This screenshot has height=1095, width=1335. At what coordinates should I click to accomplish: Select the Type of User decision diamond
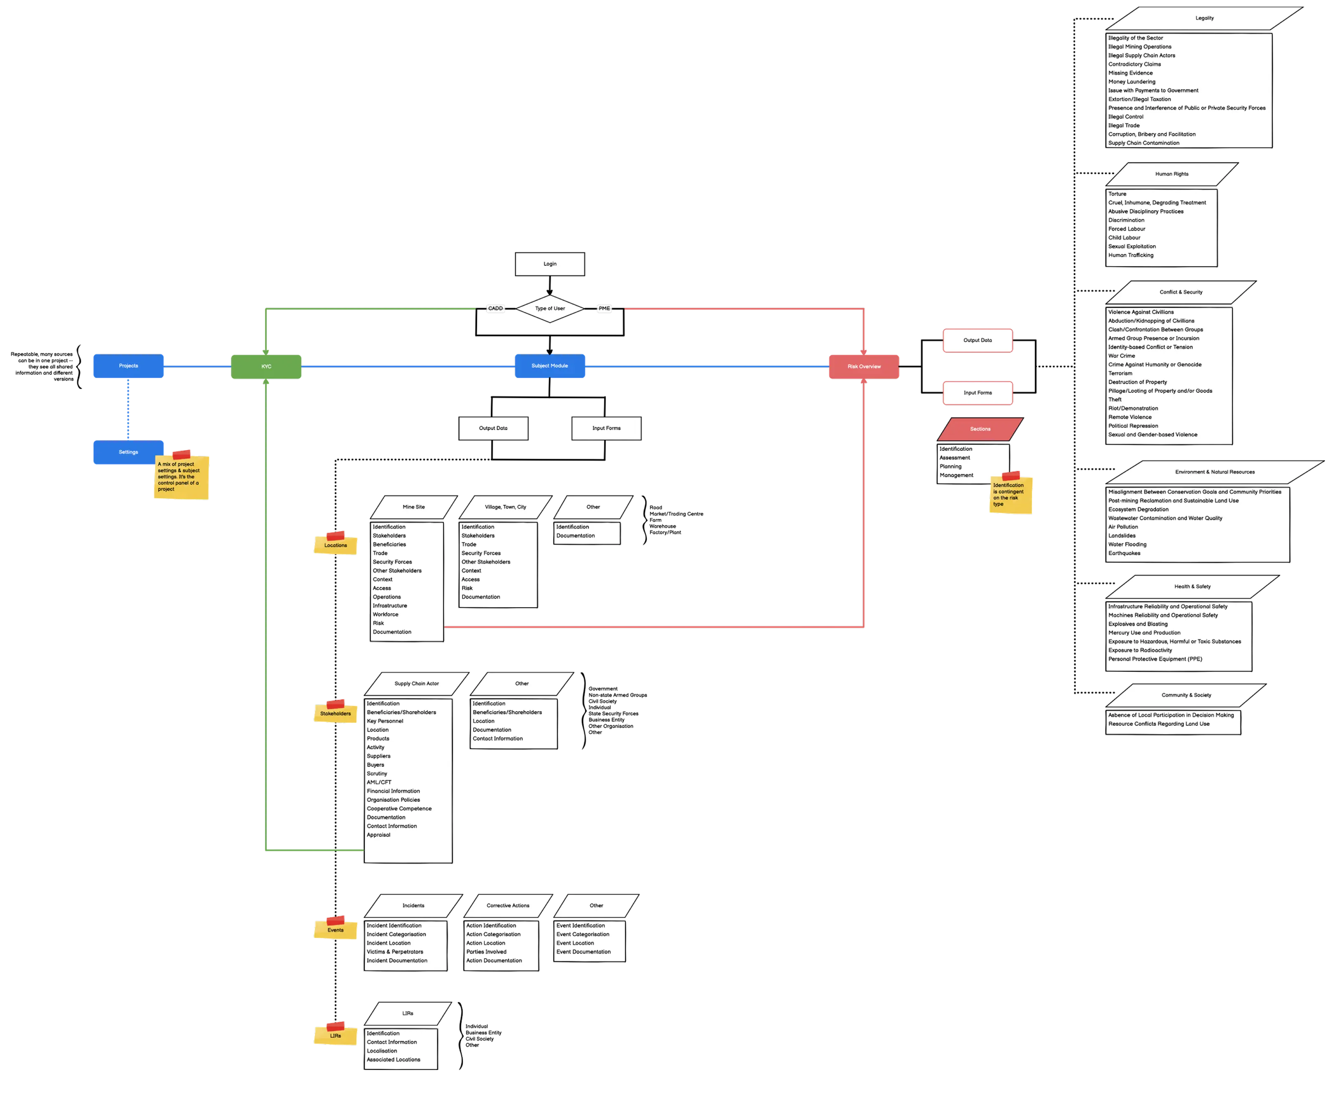(549, 309)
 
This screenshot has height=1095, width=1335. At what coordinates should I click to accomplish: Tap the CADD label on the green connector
(495, 309)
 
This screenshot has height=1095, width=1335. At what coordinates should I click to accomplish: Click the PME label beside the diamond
(604, 309)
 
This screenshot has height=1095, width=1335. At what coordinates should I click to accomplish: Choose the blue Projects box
(129, 366)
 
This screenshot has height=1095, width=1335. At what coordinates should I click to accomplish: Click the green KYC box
(266, 367)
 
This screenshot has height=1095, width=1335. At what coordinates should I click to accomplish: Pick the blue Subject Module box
(549, 366)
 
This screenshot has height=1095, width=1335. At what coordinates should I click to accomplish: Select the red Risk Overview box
(864, 367)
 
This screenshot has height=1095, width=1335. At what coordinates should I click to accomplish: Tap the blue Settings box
(129, 452)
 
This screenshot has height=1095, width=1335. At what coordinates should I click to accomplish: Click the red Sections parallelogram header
(980, 429)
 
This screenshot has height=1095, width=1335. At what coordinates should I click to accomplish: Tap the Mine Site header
(414, 507)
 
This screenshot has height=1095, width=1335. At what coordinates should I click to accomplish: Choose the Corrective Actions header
(508, 906)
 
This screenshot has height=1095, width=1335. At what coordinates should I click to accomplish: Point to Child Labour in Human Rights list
(1124, 238)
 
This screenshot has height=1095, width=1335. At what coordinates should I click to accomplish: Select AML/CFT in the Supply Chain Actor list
(379, 782)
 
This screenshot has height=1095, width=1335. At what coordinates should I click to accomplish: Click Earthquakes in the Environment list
(1124, 553)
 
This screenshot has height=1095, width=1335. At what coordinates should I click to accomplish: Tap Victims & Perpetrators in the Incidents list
(395, 952)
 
